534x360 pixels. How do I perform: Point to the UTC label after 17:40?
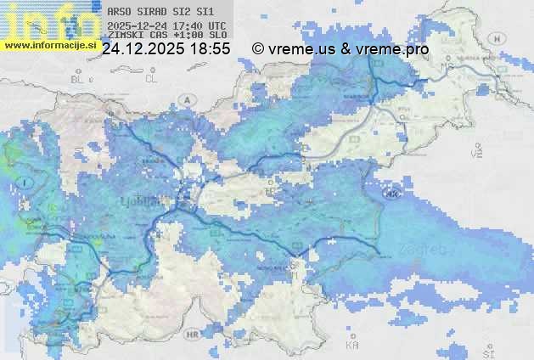(x=216, y=25)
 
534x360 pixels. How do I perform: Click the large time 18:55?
(x=210, y=49)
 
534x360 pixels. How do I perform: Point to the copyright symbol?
(x=258, y=49)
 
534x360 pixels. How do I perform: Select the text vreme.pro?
(x=393, y=49)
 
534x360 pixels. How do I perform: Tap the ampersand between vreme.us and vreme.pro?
(x=346, y=49)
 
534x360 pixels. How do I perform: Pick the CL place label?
(x=152, y=78)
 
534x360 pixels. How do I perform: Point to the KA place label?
(x=352, y=345)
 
